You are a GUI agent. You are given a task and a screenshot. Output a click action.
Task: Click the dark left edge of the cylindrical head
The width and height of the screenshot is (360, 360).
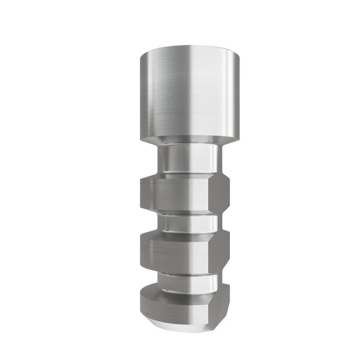(142, 94)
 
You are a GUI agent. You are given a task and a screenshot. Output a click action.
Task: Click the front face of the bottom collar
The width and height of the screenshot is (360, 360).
(173, 309)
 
